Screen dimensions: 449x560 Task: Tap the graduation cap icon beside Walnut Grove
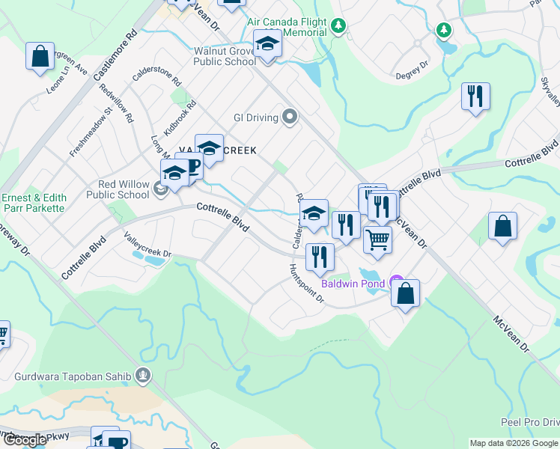click(x=267, y=44)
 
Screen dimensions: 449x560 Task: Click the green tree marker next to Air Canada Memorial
click(x=339, y=27)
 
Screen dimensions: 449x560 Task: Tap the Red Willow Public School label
click(x=124, y=189)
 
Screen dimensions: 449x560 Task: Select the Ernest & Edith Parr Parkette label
click(x=34, y=203)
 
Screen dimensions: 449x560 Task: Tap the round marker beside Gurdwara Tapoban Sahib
click(x=144, y=374)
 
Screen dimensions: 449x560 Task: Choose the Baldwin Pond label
click(x=353, y=284)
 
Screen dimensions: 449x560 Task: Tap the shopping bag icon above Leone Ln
click(x=40, y=57)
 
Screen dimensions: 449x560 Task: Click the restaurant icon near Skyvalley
click(x=475, y=97)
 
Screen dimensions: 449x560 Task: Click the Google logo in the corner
click(x=25, y=441)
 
